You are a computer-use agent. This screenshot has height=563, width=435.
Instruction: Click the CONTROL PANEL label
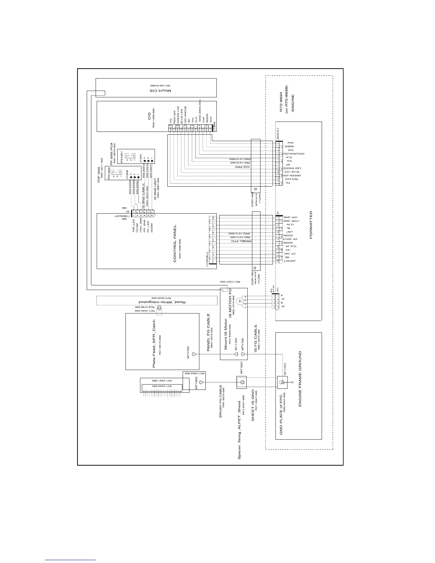(175, 243)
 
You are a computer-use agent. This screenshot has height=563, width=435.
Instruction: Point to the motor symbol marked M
(240, 301)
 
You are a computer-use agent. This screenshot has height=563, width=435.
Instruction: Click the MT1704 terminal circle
(194, 354)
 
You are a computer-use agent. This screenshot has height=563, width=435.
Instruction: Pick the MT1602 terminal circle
(201, 382)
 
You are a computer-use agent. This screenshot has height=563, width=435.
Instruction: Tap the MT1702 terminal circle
(243, 354)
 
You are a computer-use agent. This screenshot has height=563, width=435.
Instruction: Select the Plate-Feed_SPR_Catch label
(154, 341)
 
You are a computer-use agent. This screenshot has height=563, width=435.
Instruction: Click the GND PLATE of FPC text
(281, 414)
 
